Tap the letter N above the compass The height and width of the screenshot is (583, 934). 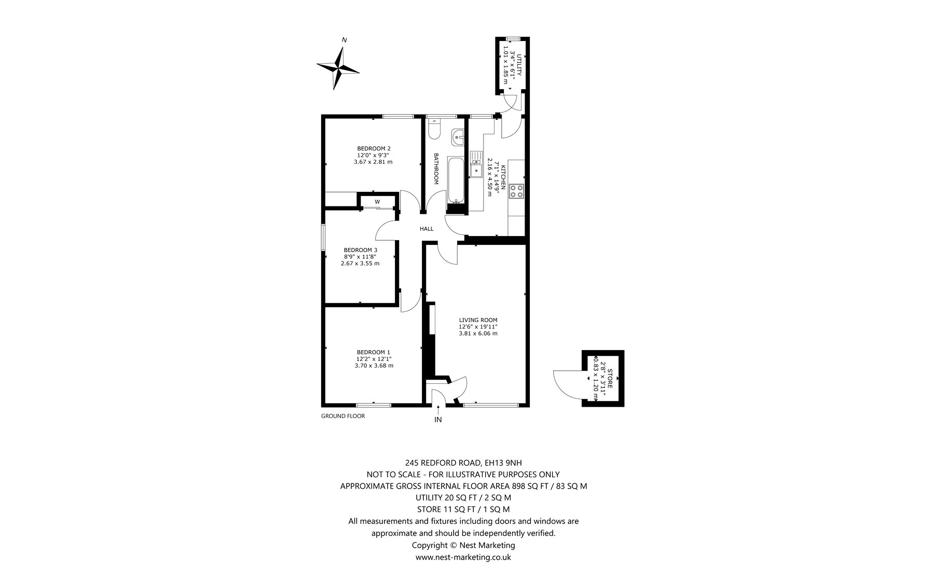[344, 40]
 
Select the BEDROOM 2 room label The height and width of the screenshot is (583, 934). [373, 149]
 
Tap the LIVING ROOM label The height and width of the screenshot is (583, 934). [478, 320]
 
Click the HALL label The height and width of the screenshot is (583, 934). [427, 229]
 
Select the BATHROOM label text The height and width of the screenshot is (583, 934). [436, 169]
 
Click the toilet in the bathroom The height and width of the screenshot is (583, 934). [435, 128]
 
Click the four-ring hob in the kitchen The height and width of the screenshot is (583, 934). [517, 191]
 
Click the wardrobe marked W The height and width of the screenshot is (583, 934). [377, 201]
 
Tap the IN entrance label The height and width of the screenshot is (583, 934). [438, 420]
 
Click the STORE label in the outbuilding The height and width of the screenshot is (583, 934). [610, 379]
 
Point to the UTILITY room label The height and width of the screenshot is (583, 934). [519, 61]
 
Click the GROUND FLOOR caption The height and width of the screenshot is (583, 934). [343, 416]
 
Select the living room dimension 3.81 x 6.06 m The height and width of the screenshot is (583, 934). [478, 334]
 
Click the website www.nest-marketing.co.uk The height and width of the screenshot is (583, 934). [463, 557]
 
